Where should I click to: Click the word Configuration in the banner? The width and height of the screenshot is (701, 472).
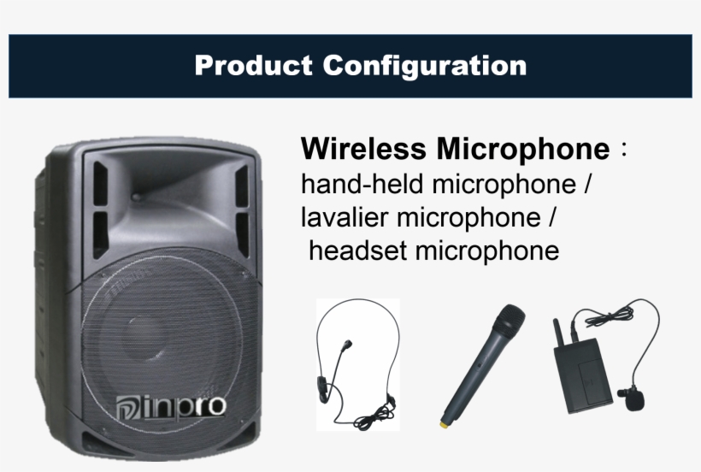(x=425, y=66)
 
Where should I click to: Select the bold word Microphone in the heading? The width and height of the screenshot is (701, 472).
(x=523, y=150)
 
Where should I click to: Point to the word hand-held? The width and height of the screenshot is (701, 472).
(x=363, y=184)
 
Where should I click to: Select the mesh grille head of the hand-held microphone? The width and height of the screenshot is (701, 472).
(x=510, y=321)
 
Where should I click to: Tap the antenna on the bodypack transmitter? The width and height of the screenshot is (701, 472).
(x=555, y=333)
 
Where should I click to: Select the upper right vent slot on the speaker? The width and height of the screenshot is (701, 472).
(x=240, y=184)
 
